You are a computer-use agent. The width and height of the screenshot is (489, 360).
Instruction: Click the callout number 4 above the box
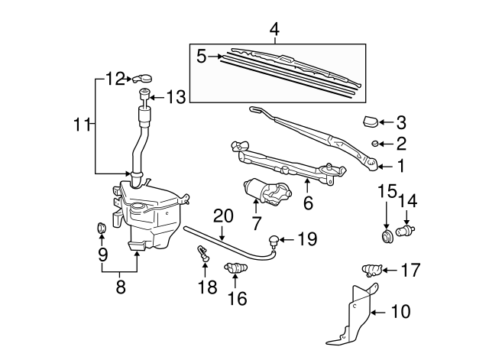point(275,31)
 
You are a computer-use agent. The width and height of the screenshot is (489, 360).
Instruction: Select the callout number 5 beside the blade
point(202,55)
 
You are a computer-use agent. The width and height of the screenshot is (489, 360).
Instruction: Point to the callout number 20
point(222,216)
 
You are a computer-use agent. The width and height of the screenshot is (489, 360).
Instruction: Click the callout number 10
point(400,311)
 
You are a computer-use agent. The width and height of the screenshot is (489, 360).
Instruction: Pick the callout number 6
point(309,203)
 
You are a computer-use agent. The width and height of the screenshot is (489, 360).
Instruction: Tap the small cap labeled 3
point(371,120)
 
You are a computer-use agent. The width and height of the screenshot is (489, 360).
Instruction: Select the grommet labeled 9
point(100,227)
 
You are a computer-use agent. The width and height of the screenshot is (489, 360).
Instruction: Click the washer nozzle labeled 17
point(371,270)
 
